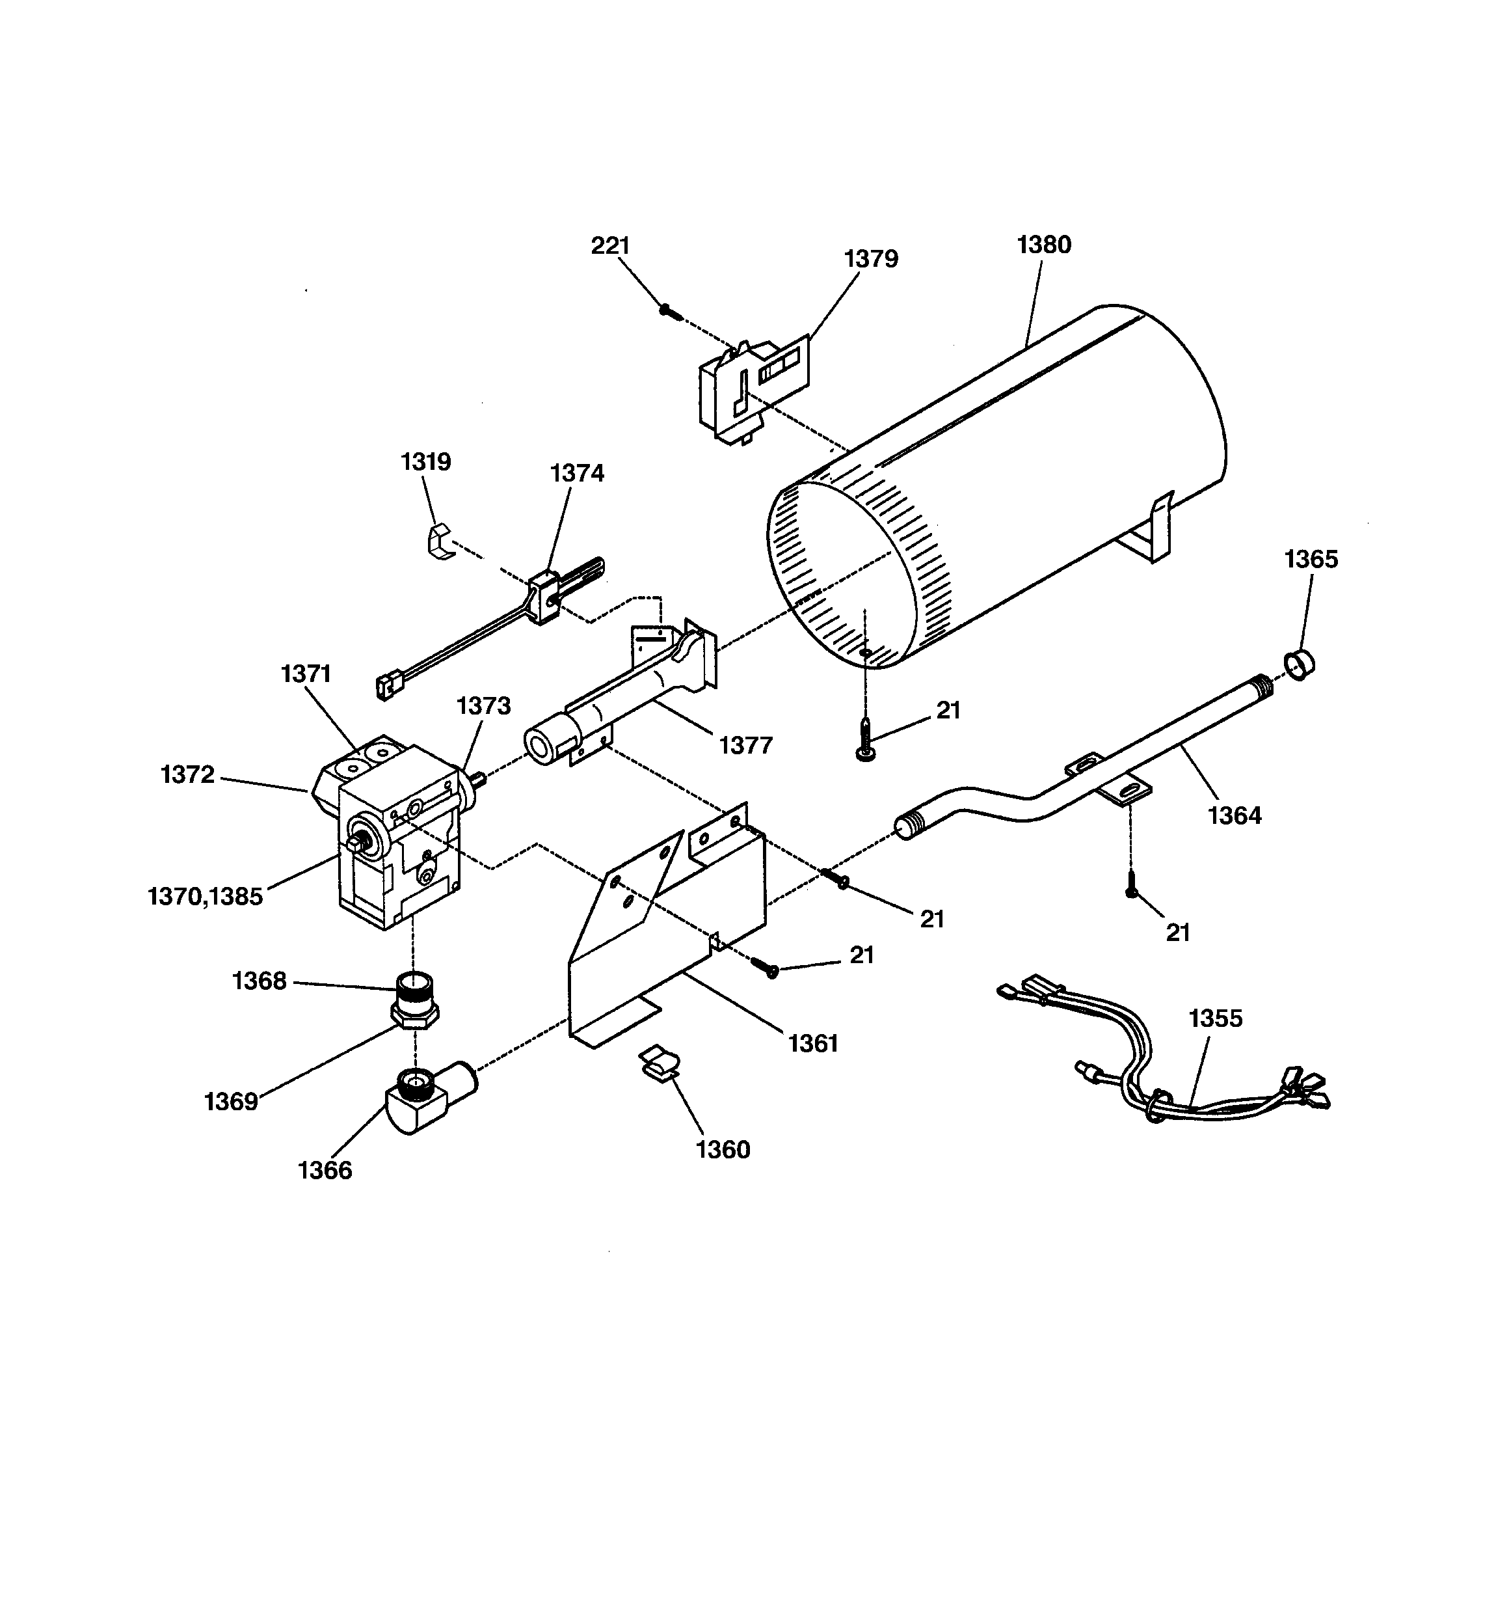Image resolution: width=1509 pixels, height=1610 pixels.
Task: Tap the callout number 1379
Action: [871, 258]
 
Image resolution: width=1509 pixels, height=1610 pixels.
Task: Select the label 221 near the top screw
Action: [609, 245]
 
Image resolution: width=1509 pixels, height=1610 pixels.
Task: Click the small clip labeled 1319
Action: [437, 540]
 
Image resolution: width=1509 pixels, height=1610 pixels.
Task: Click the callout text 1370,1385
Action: [206, 897]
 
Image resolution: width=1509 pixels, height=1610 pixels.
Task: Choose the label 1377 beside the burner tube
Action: [745, 744]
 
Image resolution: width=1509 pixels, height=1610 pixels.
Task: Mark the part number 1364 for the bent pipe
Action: [1234, 815]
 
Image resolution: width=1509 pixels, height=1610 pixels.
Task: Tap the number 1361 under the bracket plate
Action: [813, 1043]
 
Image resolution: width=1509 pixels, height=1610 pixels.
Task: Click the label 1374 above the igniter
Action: [577, 473]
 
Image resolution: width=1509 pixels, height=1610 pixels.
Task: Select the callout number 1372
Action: [188, 774]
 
